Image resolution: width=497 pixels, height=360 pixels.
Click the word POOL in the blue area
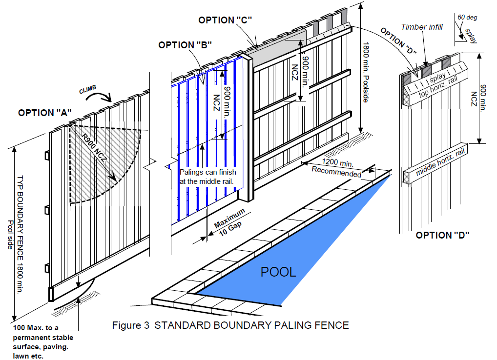[278, 272]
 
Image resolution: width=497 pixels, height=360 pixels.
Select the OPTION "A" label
[45, 112]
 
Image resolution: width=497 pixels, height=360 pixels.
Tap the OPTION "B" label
[185, 45]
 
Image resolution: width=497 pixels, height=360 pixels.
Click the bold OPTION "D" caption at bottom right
[442, 235]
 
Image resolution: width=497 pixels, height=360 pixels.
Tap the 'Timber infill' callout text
[422, 27]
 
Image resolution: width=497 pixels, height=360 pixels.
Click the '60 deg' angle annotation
[467, 18]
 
